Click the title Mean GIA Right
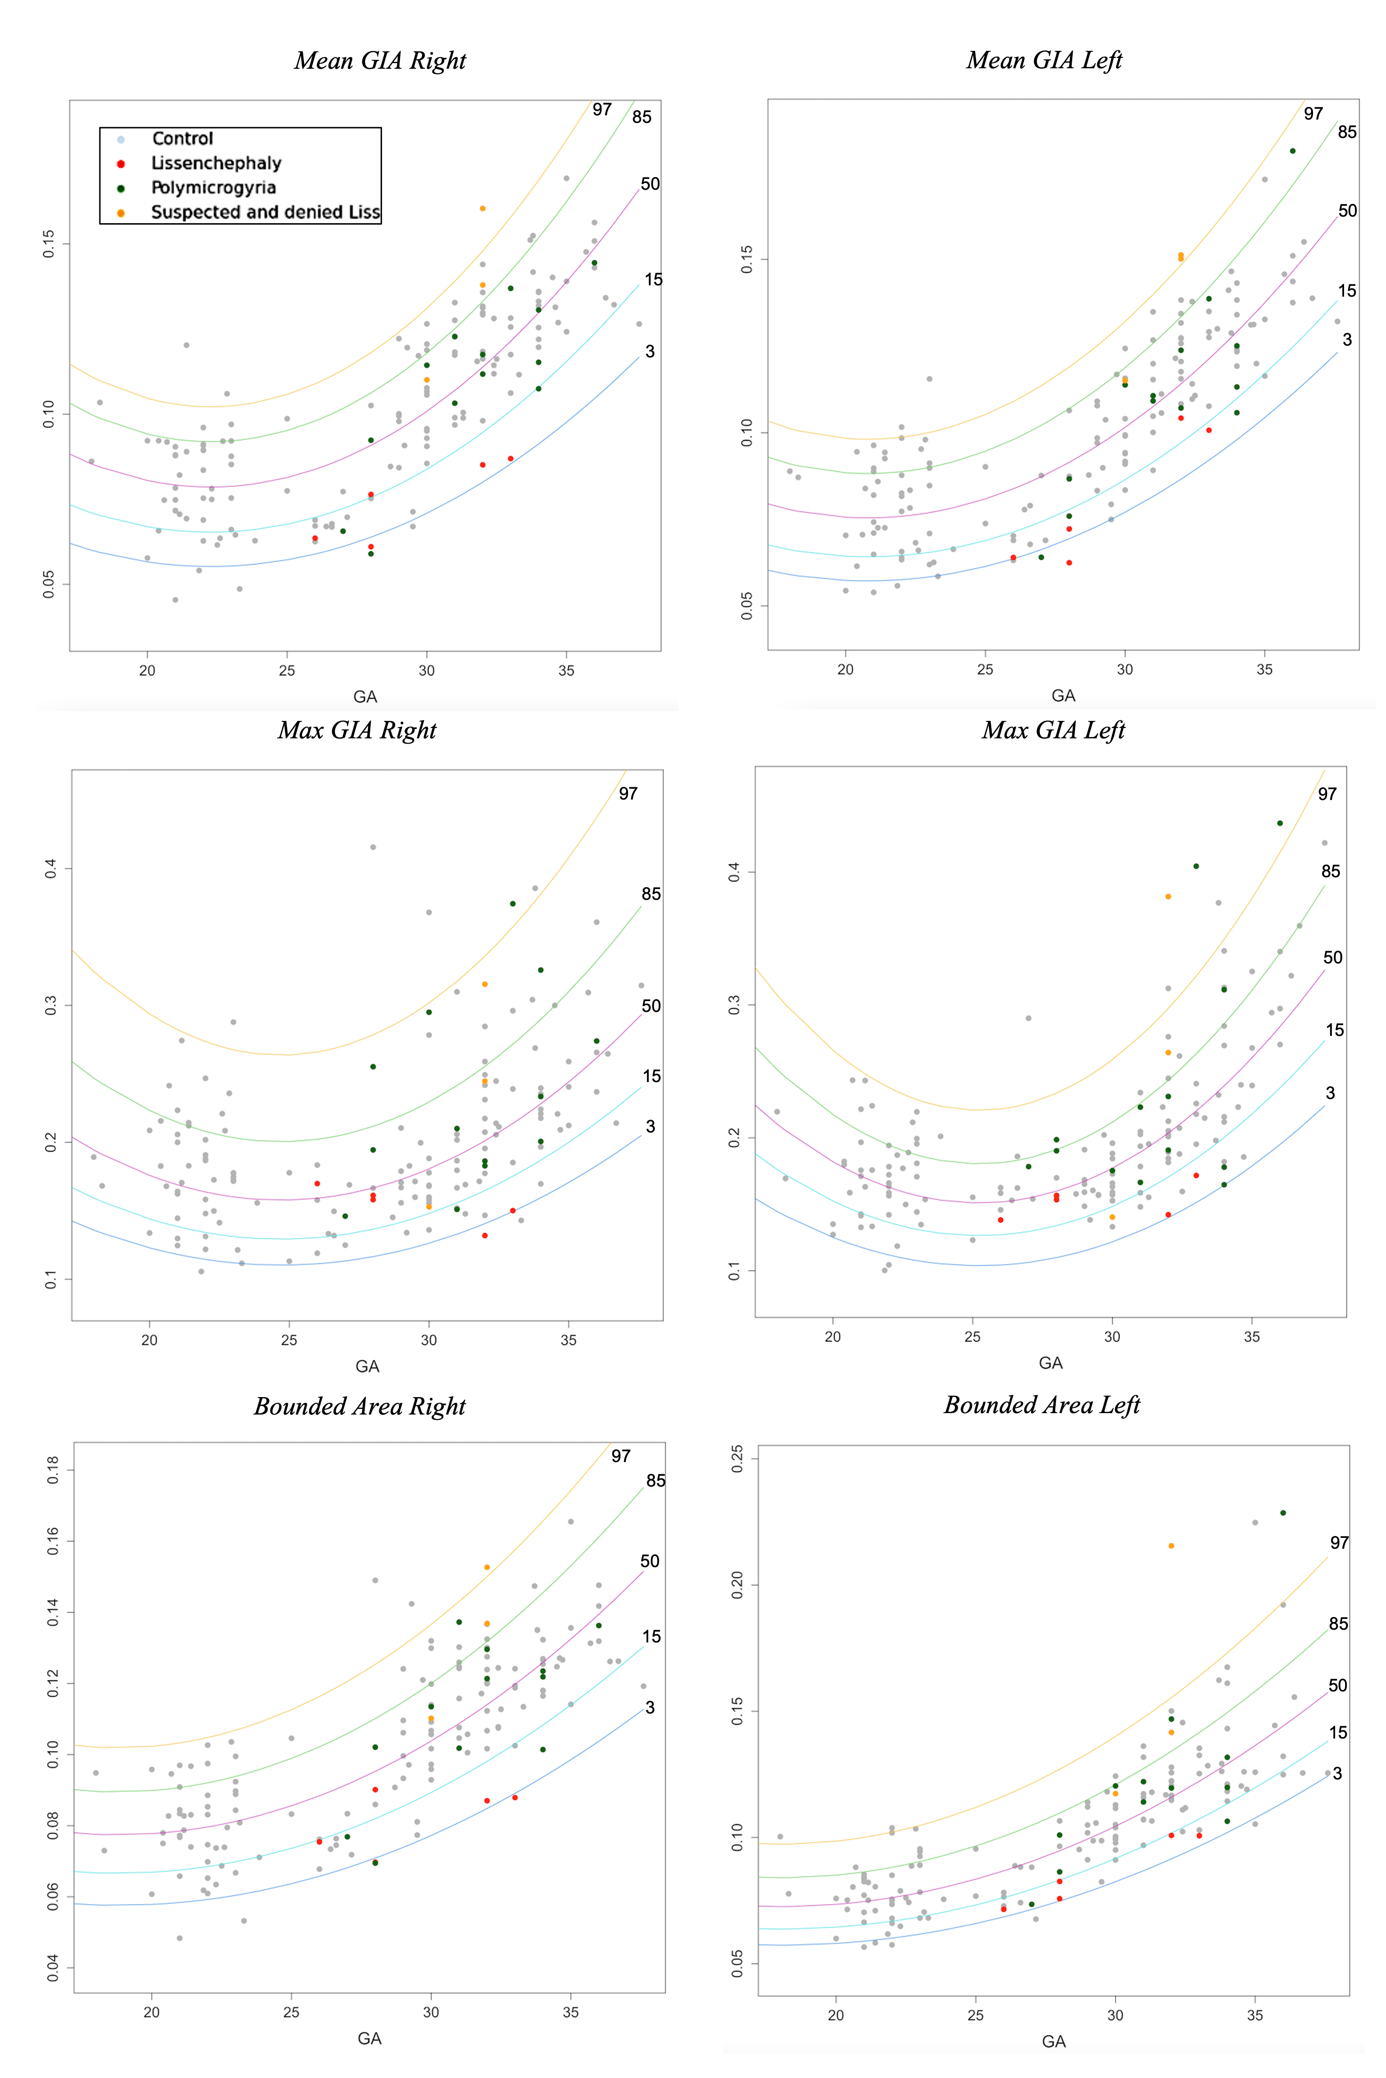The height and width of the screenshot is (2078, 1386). click(x=380, y=61)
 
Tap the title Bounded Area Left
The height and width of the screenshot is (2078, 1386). click(x=1042, y=1406)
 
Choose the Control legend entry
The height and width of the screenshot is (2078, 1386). click(x=182, y=139)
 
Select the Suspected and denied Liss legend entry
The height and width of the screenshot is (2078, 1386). click(x=265, y=212)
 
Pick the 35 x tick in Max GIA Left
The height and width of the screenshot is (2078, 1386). click(x=1252, y=1337)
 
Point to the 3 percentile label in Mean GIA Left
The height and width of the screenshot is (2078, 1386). click(x=1347, y=340)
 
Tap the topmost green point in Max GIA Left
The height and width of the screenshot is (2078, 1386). click(x=1280, y=824)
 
